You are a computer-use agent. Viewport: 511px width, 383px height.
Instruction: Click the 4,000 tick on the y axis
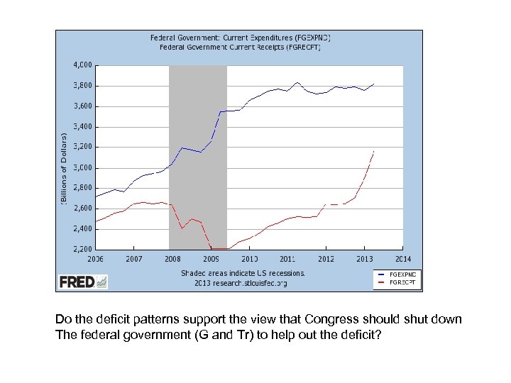[x=82, y=65]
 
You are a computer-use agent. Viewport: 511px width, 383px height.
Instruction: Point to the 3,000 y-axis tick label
[x=82, y=168]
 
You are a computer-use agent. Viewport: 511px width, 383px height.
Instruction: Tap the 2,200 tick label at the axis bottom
[x=82, y=250]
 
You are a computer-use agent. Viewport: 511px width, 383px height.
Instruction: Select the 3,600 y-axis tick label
[x=82, y=106]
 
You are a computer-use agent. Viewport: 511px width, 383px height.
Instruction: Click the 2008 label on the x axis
[x=172, y=259]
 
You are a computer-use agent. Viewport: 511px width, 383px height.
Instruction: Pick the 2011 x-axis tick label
[x=287, y=259]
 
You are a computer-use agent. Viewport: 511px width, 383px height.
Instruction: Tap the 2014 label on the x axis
[x=402, y=259]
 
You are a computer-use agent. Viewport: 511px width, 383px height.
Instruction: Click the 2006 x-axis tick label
[x=95, y=259]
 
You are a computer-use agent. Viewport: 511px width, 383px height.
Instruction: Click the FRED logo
[x=83, y=282]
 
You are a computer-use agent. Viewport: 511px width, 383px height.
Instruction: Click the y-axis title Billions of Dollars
[x=63, y=168]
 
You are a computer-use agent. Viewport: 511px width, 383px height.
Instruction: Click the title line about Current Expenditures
[x=240, y=37]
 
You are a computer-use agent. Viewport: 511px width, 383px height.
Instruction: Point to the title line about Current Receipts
[x=240, y=47]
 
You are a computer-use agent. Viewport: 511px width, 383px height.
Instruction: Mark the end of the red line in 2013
[x=373, y=151]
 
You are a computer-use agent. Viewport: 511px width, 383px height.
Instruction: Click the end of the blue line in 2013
[x=373, y=84]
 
